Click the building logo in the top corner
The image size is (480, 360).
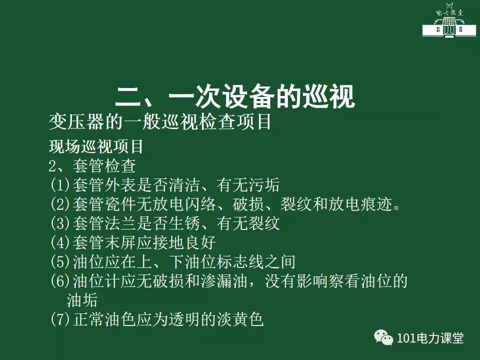coord(449,20)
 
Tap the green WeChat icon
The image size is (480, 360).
coord(383,337)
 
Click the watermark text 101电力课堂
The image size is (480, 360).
coord(430,338)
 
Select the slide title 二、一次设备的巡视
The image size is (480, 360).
coord(235,96)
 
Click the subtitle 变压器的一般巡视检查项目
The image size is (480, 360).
coord(160,122)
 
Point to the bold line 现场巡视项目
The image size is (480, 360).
coord(96,146)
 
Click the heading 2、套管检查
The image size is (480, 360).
coord(92,166)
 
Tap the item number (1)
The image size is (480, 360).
coord(60,185)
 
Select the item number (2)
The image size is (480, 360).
coord(60,204)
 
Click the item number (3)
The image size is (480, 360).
coord(60,223)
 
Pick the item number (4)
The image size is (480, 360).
coord(60,242)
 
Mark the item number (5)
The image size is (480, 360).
coord(60,261)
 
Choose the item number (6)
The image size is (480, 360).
coord(60,281)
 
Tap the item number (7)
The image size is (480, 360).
coord(60,319)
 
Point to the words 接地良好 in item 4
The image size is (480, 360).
coord(184,242)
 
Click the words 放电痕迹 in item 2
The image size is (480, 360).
coord(360,204)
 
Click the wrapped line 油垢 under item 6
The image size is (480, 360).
coord(82,300)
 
